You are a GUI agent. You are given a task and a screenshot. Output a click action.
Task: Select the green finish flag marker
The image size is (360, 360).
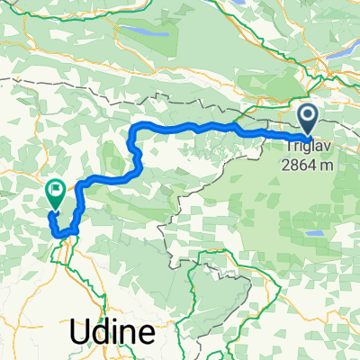click(54, 192)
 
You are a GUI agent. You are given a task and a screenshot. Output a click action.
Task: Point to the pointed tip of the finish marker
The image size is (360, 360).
click(53, 209)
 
